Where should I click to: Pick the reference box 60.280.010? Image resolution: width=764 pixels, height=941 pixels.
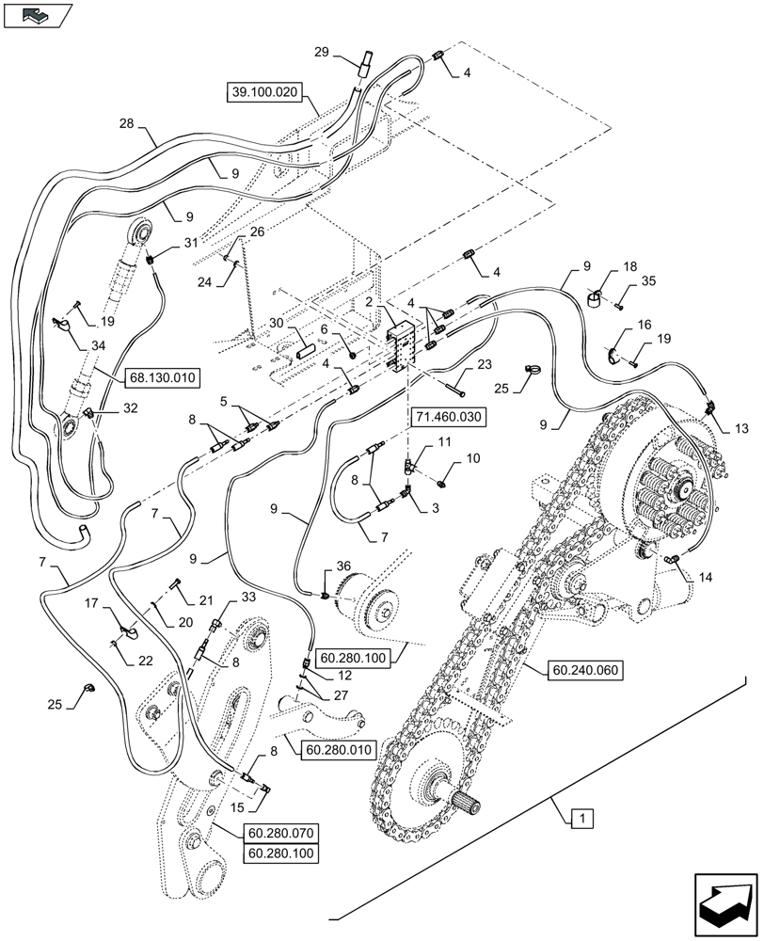pyautogui.click(x=339, y=750)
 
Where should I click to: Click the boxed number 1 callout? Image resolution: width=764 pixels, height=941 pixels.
pyautogui.click(x=583, y=820)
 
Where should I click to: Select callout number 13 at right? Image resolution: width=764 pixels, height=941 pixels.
pyautogui.click(x=740, y=429)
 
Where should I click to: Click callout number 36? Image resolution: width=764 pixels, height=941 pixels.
pyautogui.click(x=343, y=566)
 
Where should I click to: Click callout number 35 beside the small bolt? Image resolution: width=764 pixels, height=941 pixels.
pyautogui.click(x=648, y=279)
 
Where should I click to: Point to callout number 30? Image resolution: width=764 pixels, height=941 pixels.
pyautogui.click(x=277, y=322)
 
